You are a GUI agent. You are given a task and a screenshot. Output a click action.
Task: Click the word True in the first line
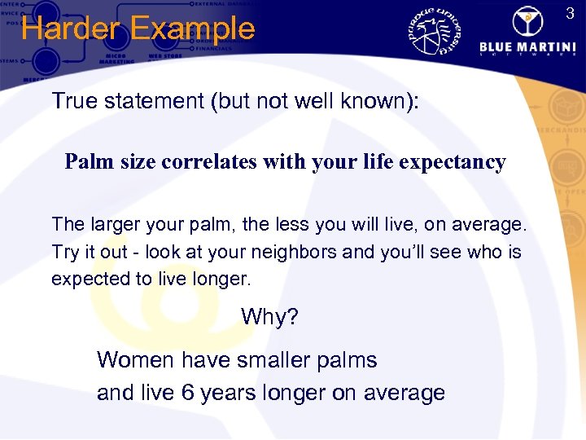tap(71, 101)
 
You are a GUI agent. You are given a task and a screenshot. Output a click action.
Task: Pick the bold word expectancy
tap(454, 162)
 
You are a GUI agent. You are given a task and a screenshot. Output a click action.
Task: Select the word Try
tap(65, 252)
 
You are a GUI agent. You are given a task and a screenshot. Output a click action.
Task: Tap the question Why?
tap(269, 316)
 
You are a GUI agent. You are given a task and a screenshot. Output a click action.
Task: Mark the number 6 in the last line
tap(187, 393)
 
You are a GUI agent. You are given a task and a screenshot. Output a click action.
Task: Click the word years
tap(231, 393)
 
